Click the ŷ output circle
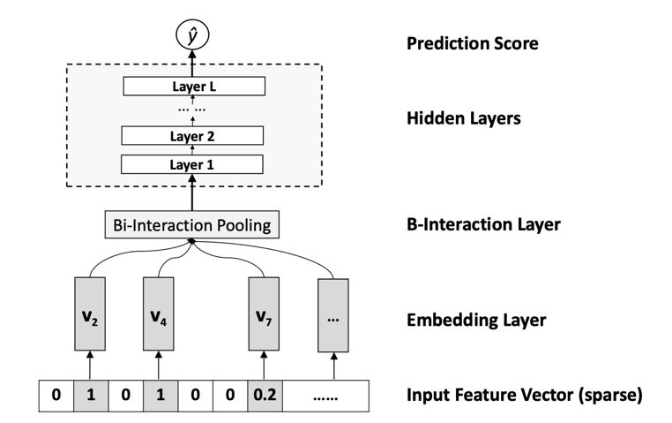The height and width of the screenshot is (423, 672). pyautogui.click(x=192, y=36)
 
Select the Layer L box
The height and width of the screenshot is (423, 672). pyautogui.click(x=192, y=86)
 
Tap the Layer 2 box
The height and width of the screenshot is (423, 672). pyautogui.click(x=192, y=137)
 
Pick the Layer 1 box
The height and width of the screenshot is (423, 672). pyautogui.click(x=192, y=164)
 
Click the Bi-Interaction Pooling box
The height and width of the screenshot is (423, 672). pyautogui.click(x=192, y=224)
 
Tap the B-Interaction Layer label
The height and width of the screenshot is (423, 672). pyautogui.click(x=483, y=224)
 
